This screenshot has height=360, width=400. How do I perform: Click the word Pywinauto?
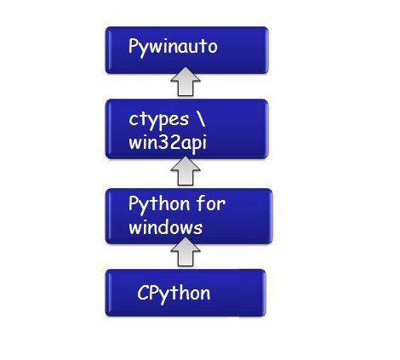pyautogui.click(x=173, y=47)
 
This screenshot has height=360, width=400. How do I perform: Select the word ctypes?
pyautogui.click(x=158, y=120)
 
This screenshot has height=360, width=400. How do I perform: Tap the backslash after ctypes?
pyautogui.click(x=200, y=119)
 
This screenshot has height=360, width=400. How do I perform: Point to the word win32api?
pyautogui.click(x=168, y=142)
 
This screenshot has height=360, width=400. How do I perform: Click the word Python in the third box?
pyautogui.click(x=159, y=205)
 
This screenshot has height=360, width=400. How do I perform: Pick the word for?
pyautogui.click(x=211, y=203)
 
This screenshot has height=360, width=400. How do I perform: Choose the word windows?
pyautogui.click(x=166, y=227)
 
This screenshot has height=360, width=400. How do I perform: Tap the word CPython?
pyautogui.click(x=174, y=294)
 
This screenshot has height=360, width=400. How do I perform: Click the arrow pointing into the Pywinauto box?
pyautogui.click(x=186, y=82)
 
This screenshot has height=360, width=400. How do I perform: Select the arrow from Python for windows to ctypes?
pyautogui.click(x=186, y=171)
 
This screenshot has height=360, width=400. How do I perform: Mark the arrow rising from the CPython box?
pyautogui.click(x=186, y=252)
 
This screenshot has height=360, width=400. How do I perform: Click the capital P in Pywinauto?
pyautogui.click(x=134, y=45)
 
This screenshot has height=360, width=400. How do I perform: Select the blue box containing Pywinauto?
pyautogui.click(x=186, y=50)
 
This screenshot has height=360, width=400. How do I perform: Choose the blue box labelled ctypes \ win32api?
pyautogui.click(x=186, y=129)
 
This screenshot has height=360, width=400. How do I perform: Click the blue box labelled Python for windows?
pyautogui.click(x=189, y=216)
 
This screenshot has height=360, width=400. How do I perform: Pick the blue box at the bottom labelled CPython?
pyautogui.click(x=186, y=293)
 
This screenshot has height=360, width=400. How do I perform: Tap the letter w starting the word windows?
pyautogui.click(x=134, y=229)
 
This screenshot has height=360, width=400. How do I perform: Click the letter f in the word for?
pyautogui.click(x=201, y=203)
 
